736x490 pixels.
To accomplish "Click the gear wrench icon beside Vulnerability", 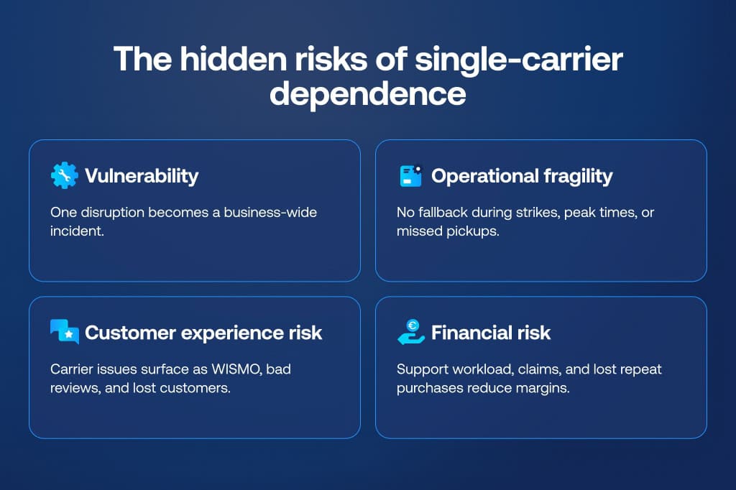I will pyautogui.click(x=64, y=176).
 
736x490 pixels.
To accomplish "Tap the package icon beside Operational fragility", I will pyautogui.click(x=410, y=176).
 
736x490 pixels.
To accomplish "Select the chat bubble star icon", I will pyautogui.click(x=64, y=333).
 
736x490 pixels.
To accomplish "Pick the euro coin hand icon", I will pyautogui.click(x=410, y=333).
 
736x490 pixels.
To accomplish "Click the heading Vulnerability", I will pyautogui.click(x=142, y=176).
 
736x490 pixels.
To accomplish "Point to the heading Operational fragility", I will pyautogui.click(x=522, y=176).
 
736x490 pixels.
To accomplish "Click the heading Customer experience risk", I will pyautogui.click(x=203, y=333).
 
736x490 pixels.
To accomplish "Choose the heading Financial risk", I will pyautogui.click(x=491, y=333).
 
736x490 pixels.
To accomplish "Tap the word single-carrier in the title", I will pyautogui.click(x=518, y=59).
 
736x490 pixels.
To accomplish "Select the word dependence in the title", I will pyautogui.click(x=367, y=94).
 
